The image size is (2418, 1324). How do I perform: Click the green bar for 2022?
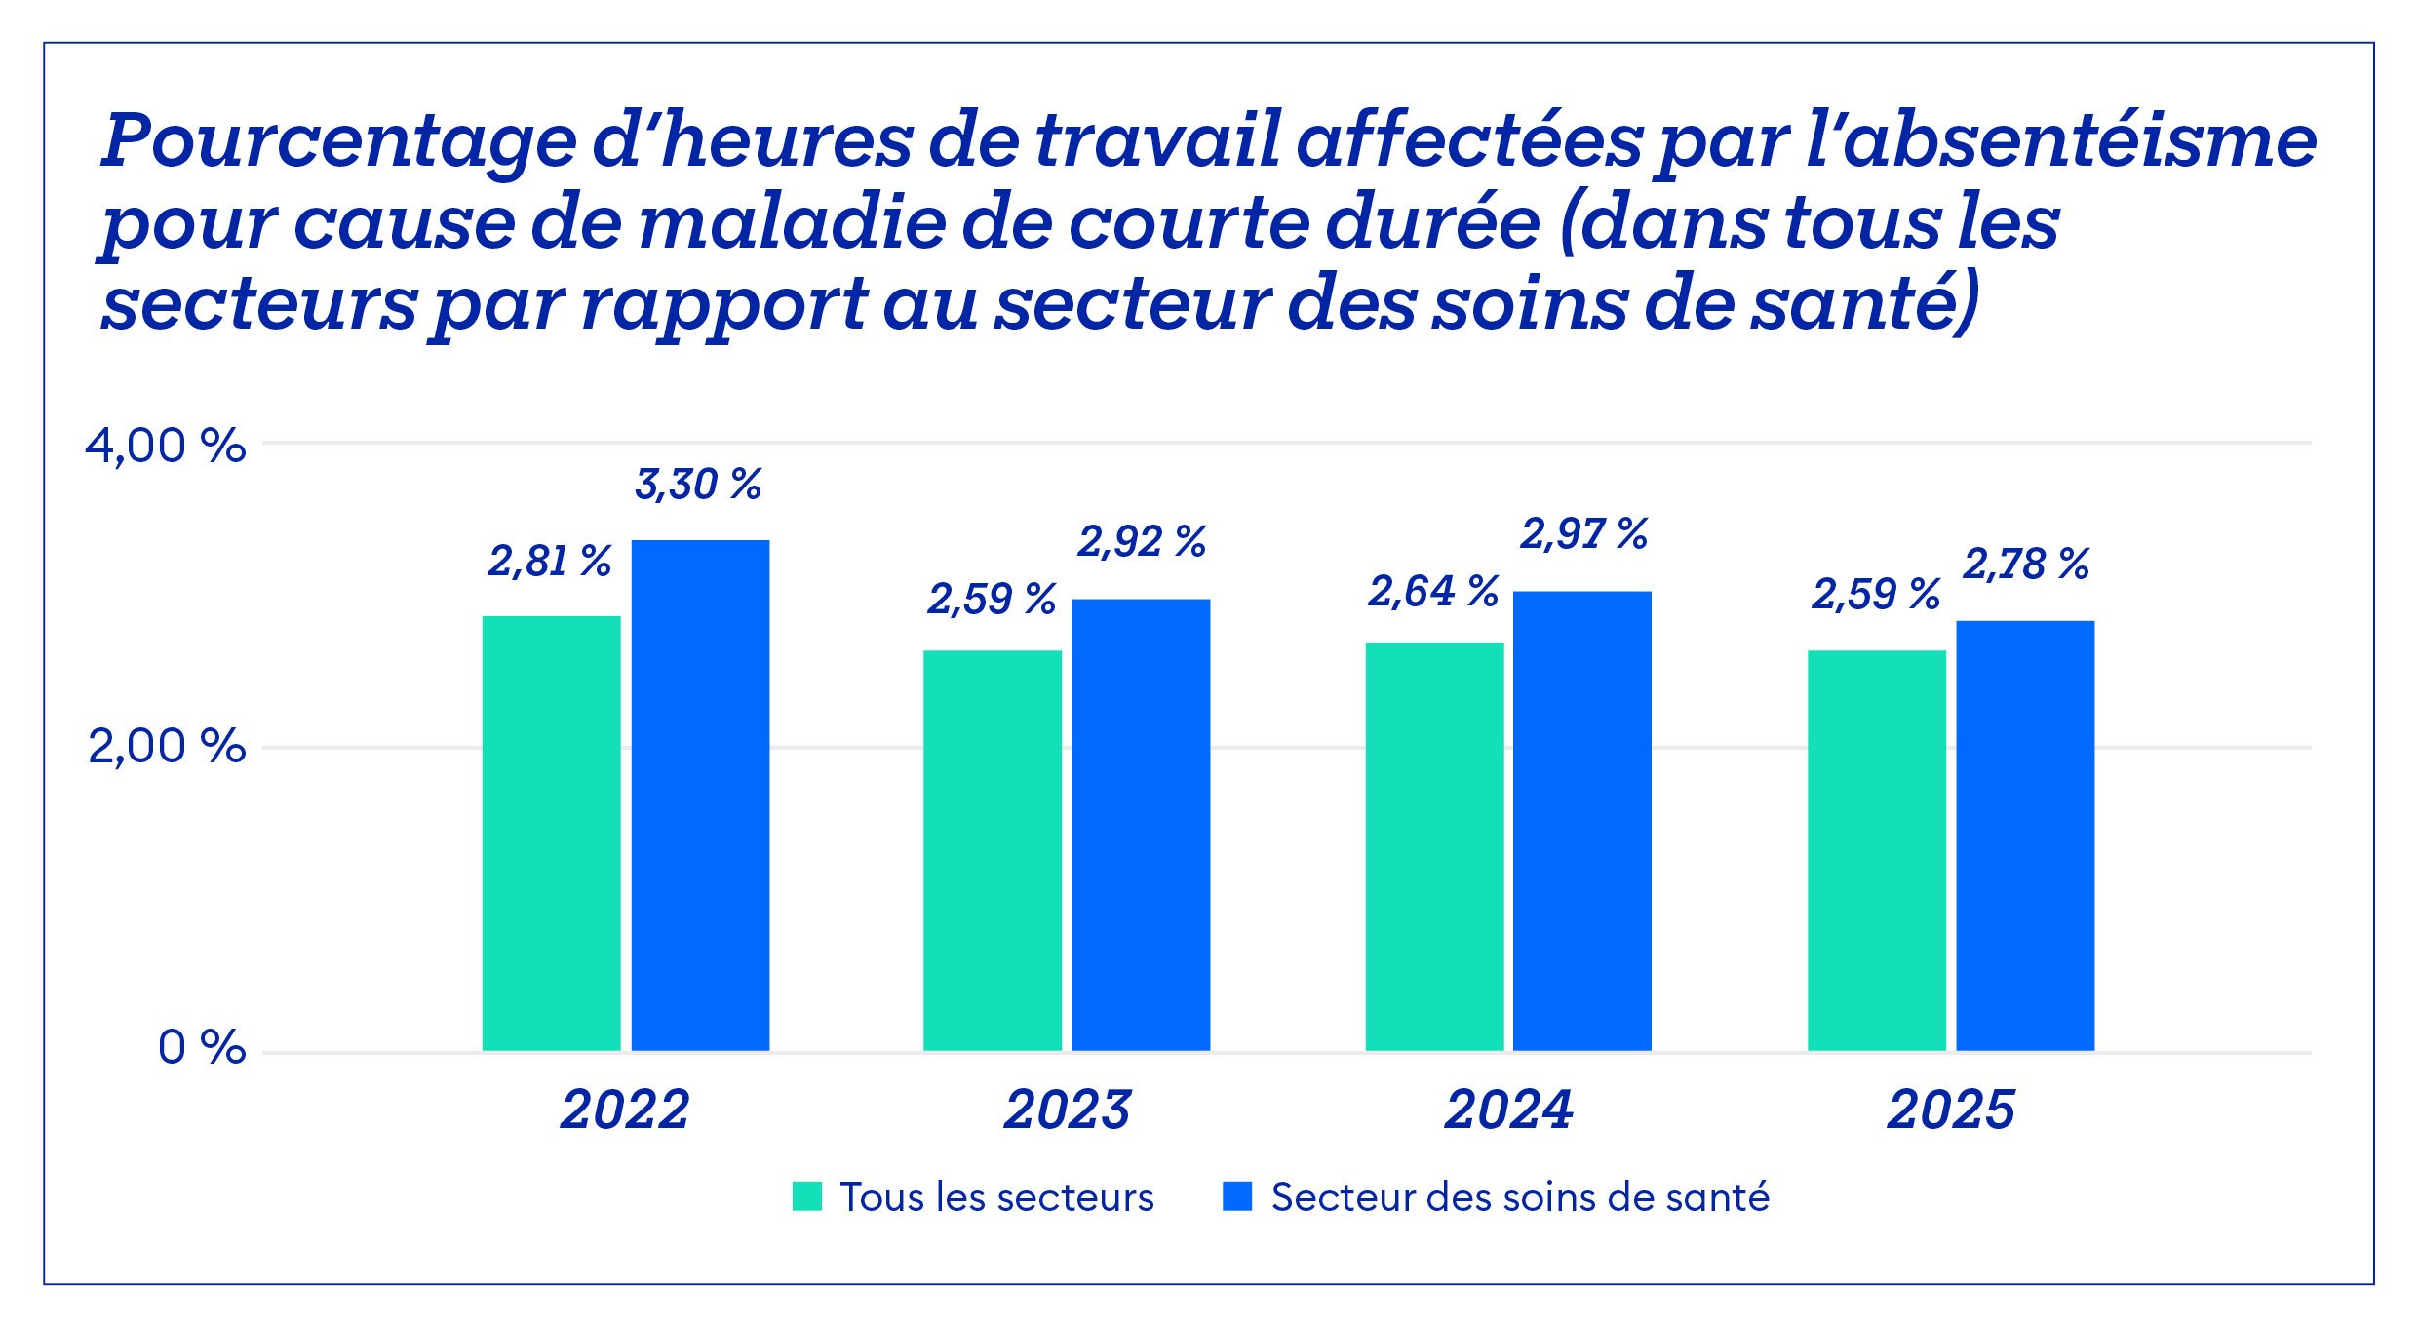pos(551,833)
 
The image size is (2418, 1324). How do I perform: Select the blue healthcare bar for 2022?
pos(700,795)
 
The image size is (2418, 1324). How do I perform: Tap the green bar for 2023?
pos(992,850)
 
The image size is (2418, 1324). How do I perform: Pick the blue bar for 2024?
pos(1581,820)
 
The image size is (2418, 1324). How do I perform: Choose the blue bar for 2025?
pos(2024,836)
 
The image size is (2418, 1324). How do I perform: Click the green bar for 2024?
pos(1433,846)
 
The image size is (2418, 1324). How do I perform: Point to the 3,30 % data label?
pos(698,485)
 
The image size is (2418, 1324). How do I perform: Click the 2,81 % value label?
pos(550,562)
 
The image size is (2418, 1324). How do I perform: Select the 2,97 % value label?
pos(1583,534)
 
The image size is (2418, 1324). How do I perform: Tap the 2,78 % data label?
pos(2026,565)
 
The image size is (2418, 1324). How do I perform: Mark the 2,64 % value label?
pos(1433,592)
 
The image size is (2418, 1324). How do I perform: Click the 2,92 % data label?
pos(1142,542)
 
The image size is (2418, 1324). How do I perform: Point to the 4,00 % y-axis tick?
pos(165,447)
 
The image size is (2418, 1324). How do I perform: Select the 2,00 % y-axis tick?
pos(167,747)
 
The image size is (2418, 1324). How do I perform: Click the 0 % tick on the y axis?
pos(201,1048)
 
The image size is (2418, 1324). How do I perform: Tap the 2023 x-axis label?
pos(1068,1110)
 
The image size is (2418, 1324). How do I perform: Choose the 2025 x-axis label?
pos(1951,1110)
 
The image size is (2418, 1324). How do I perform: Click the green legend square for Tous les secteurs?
pos(807,1196)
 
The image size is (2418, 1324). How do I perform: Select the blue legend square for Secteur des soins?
pos(1237,1196)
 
